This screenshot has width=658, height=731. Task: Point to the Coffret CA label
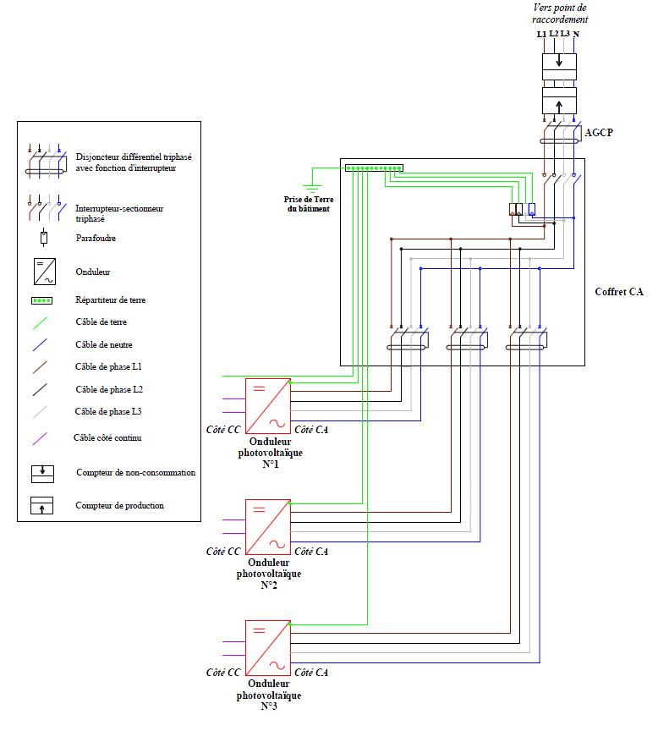(619, 292)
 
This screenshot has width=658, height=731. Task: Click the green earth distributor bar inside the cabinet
(374, 168)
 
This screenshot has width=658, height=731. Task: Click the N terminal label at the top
(576, 35)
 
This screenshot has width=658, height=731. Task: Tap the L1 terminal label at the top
(541, 35)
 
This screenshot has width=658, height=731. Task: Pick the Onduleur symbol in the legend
(42, 272)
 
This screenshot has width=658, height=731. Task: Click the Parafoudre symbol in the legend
(42, 238)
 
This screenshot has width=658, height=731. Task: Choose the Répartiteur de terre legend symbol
(42, 300)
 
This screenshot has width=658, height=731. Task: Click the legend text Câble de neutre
(103, 344)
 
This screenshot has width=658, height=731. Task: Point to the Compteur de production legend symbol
(42, 506)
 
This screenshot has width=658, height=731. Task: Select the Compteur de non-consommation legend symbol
(42, 473)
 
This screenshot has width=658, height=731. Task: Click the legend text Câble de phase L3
(108, 411)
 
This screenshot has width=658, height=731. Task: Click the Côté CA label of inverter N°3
(310, 673)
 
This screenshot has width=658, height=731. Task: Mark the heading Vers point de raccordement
(560, 13)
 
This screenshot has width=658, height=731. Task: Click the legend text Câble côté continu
(108, 437)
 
